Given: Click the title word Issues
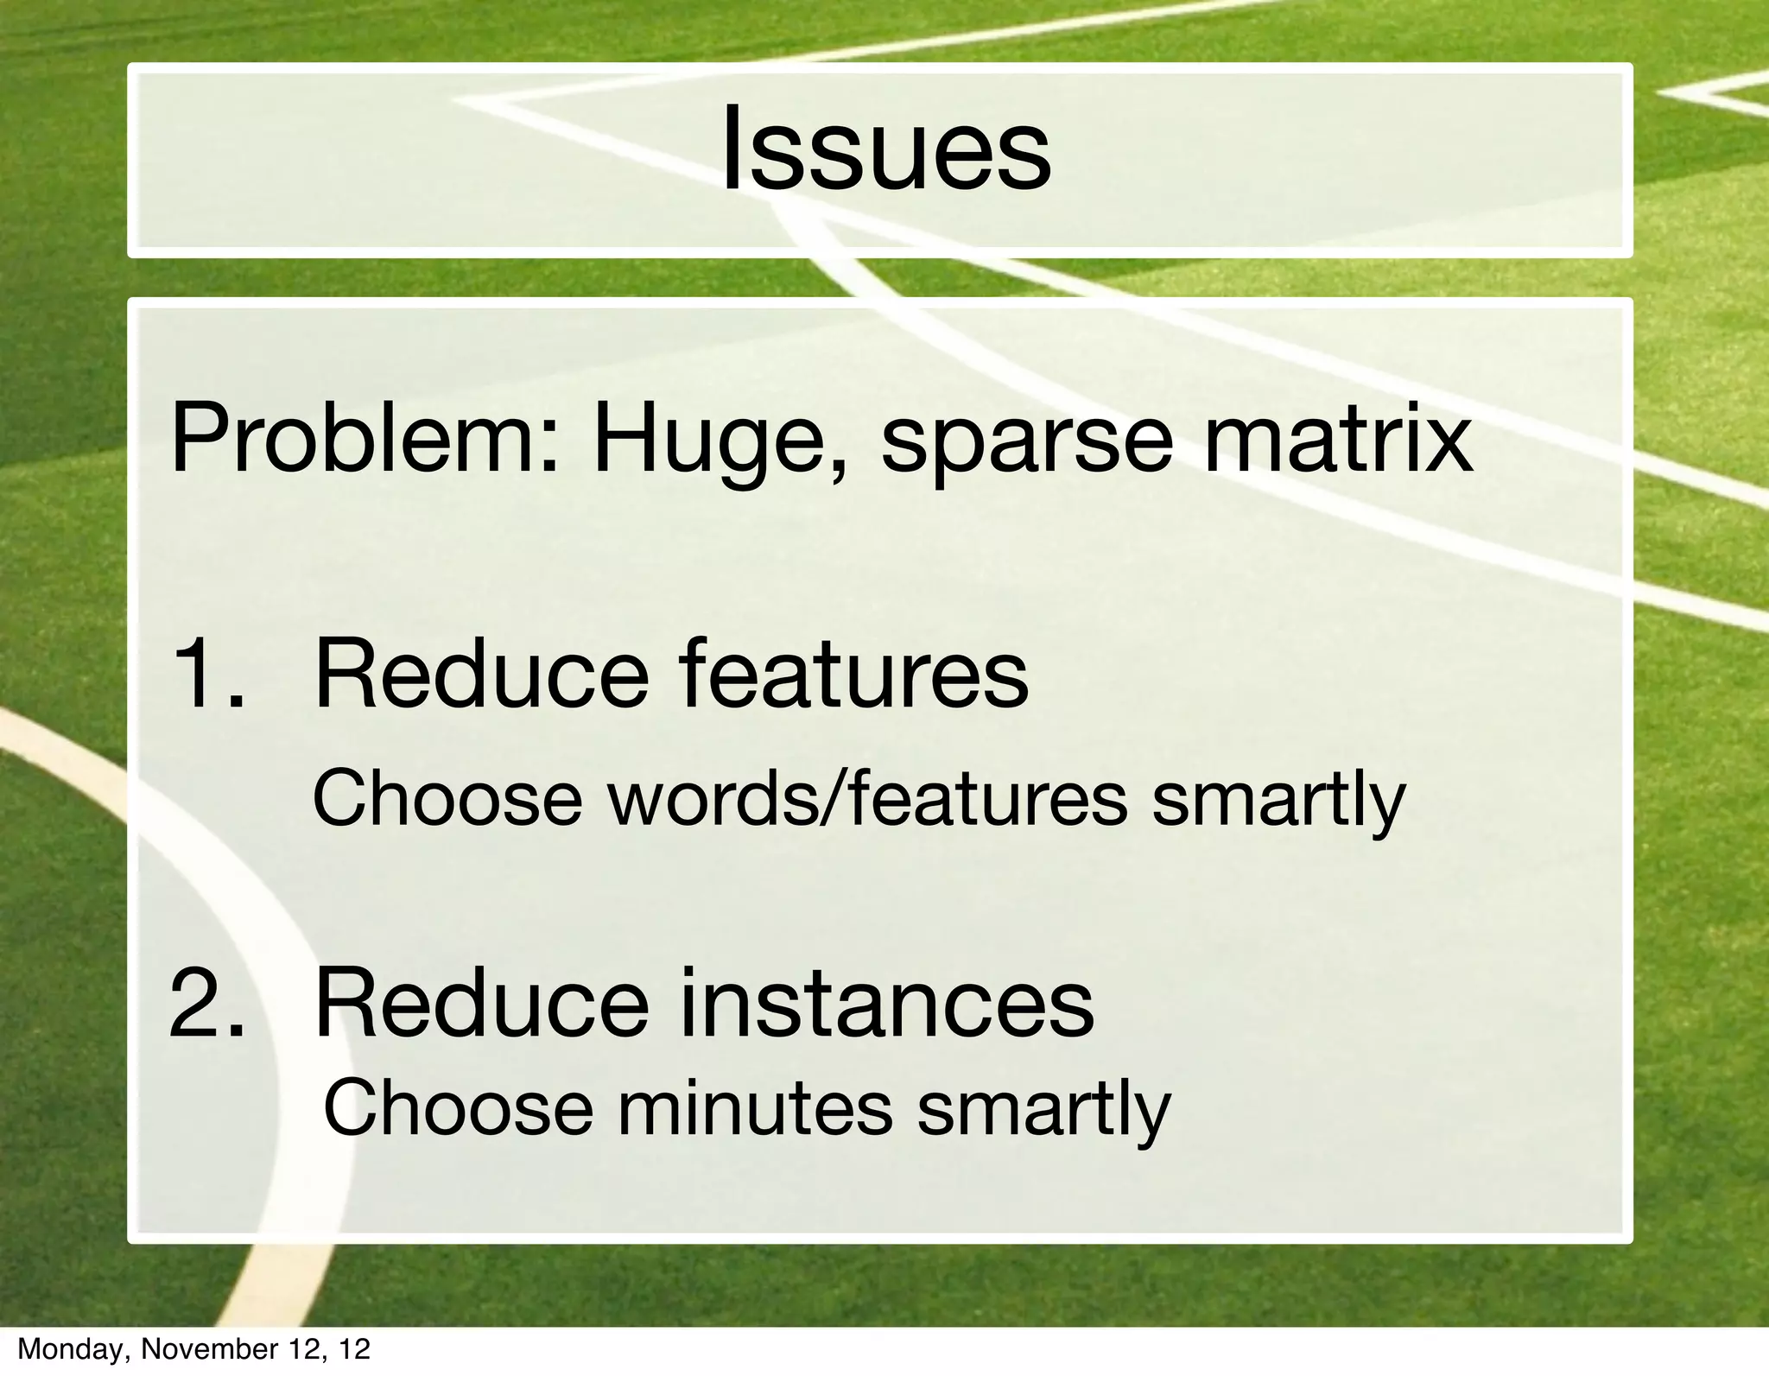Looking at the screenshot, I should click(885, 149).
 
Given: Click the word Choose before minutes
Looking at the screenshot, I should click(458, 1109).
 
